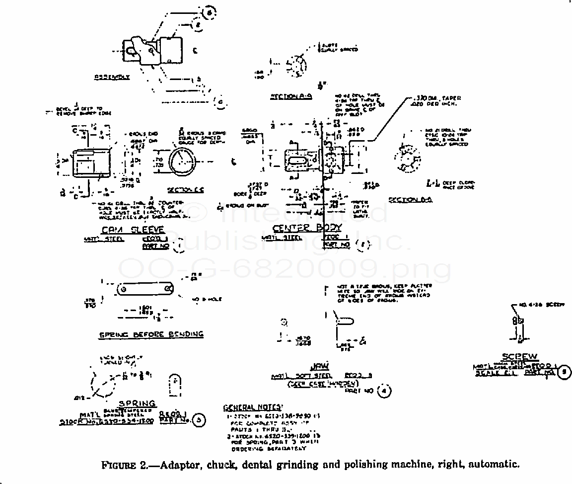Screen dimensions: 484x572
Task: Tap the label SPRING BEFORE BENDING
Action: (x=151, y=334)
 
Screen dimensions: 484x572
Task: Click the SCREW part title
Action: (x=519, y=357)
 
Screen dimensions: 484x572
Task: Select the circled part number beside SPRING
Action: (x=198, y=420)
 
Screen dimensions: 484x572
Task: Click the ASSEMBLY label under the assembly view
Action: (x=112, y=78)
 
